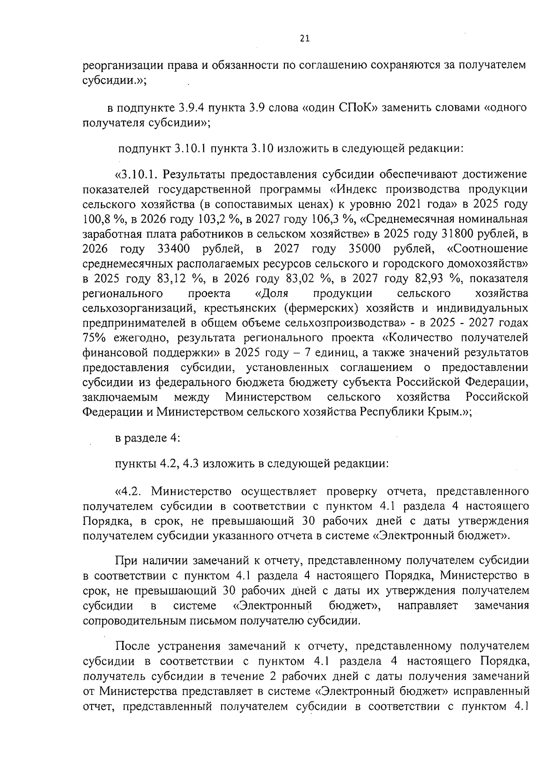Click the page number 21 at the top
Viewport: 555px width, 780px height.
pyautogui.click(x=304, y=39)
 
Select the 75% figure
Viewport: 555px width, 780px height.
pyautogui.click(x=96, y=338)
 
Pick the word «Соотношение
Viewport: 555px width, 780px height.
pyautogui.click(x=487, y=249)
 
